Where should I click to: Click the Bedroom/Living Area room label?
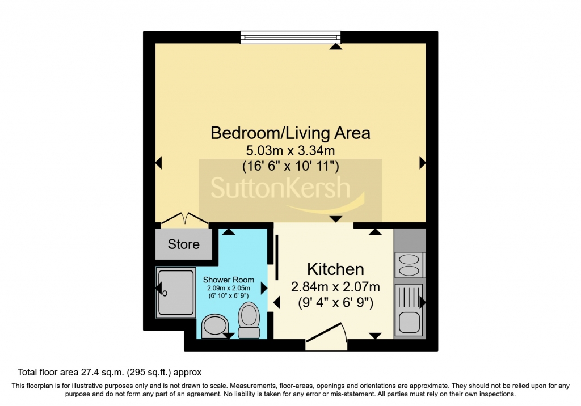tap(290, 133)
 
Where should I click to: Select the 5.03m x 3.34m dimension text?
tap(290, 151)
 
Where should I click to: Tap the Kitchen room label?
tap(335, 269)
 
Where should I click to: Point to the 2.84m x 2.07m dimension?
tap(335, 287)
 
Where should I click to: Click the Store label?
tap(183, 244)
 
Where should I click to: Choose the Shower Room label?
tap(228, 280)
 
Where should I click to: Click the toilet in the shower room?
tap(249, 320)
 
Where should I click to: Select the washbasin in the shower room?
tap(215, 326)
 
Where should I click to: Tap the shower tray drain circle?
tap(165, 294)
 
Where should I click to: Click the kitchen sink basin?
tap(409, 322)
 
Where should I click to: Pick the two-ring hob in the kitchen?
tap(410, 265)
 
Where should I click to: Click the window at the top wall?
tap(290, 37)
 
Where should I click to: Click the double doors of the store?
tap(184, 219)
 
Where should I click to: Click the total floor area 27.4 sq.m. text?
tap(110, 373)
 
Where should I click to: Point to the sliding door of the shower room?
tap(276, 257)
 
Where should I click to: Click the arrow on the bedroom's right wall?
tap(422, 163)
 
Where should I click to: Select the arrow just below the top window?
tap(336, 46)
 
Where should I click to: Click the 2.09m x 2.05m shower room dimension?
tap(228, 288)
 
